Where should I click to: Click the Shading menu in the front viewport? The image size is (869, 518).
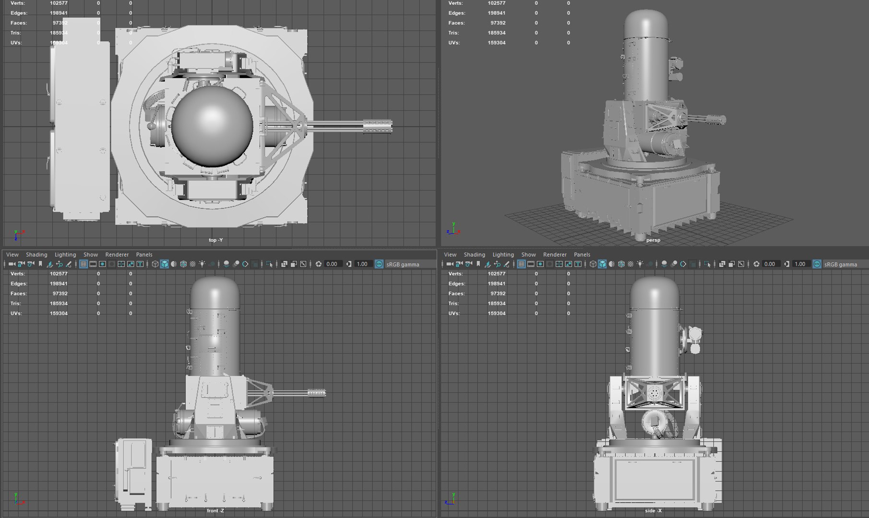[36, 255]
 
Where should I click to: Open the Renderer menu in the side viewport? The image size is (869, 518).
[554, 255]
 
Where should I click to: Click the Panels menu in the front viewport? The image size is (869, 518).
[144, 255]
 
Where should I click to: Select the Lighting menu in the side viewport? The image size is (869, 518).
[503, 255]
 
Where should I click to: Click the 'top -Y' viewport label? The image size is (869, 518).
[215, 240]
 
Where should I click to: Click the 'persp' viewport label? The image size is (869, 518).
[653, 240]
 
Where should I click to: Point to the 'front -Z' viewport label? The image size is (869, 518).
[215, 511]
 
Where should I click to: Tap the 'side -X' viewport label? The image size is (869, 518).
[653, 511]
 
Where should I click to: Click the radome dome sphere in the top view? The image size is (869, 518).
[212, 124]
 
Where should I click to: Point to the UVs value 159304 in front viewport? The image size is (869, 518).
[59, 313]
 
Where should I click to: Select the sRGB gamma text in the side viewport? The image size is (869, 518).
[840, 264]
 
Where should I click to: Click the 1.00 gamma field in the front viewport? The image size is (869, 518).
[362, 264]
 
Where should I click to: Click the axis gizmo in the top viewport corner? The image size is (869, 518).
[17, 235]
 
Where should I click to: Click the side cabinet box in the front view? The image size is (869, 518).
[134, 474]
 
